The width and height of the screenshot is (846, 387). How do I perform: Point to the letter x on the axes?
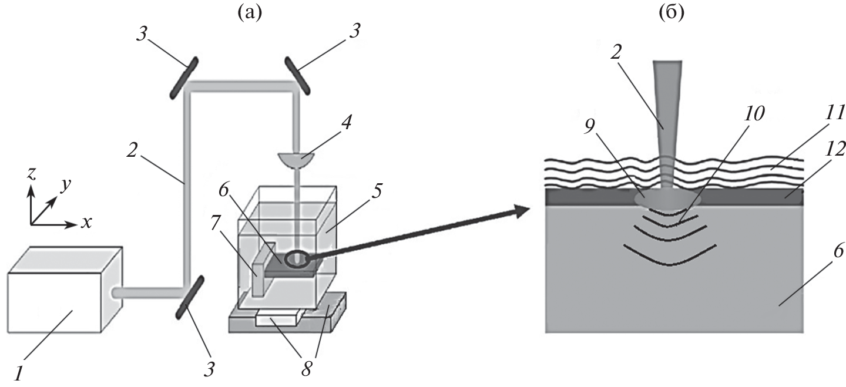pyautogui.click(x=86, y=223)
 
